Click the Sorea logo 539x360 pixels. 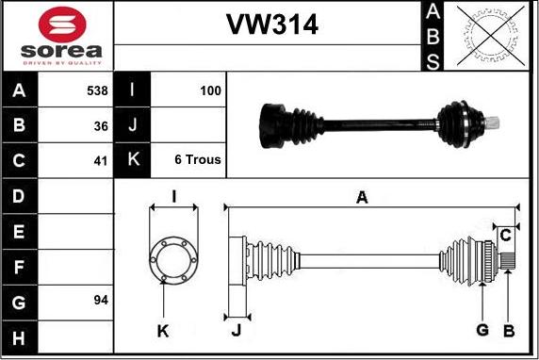[57, 36]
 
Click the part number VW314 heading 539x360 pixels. [270, 25]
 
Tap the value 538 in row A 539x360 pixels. [96, 91]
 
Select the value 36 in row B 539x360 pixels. [101, 125]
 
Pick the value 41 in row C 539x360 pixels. [101, 160]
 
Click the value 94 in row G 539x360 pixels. [101, 301]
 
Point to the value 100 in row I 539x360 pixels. [210, 91]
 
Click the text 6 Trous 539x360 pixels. [198, 160]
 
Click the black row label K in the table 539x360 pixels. [132, 160]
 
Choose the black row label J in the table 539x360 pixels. [132, 125]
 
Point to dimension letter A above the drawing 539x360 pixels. [362, 196]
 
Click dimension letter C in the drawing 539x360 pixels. [506, 233]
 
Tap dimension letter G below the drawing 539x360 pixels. [482, 330]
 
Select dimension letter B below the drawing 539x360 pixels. [508, 330]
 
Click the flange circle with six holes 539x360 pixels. [173, 256]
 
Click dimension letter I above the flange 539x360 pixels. [173, 196]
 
